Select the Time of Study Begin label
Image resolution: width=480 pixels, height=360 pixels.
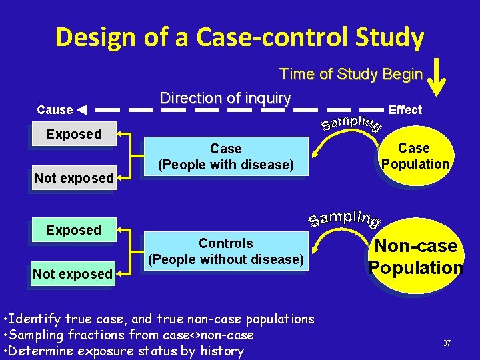(351, 74)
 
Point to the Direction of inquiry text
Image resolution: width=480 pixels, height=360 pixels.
(225, 98)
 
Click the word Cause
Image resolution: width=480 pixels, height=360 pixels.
(55, 110)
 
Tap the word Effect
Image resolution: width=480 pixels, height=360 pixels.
(405, 110)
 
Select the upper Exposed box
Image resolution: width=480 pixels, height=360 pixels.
(74, 134)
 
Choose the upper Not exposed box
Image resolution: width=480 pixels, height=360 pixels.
(74, 178)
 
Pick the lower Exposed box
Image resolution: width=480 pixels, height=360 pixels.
(74, 230)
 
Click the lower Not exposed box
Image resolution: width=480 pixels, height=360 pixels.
(73, 274)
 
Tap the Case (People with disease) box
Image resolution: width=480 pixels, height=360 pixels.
(225, 157)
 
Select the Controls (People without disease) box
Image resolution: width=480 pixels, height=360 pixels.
(225, 251)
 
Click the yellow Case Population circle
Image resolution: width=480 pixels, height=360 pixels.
(415, 156)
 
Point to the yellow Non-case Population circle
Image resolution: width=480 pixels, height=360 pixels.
(415, 257)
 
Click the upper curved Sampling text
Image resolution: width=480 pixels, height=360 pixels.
(351, 123)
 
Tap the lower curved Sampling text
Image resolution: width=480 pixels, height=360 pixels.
(345, 217)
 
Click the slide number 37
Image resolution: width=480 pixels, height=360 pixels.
(447, 343)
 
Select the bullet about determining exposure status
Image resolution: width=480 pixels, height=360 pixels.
(124, 351)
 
